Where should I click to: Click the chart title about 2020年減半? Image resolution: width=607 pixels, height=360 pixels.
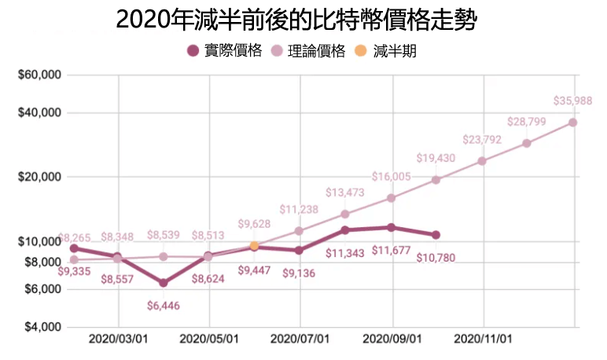click(x=296, y=20)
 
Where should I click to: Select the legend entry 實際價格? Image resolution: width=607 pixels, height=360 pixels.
click(x=224, y=52)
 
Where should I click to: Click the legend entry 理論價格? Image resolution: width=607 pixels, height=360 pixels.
click(x=307, y=52)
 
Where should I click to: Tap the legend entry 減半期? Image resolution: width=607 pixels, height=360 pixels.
click(x=384, y=52)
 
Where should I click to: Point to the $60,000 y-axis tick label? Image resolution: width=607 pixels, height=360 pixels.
click(x=40, y=75)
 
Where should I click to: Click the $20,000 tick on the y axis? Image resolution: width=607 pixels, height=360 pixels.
click(x=40, y=177)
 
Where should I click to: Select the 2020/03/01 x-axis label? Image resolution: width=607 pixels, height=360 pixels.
click(x=118, y=340)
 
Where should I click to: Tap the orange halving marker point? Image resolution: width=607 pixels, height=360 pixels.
click(x=254, y=246)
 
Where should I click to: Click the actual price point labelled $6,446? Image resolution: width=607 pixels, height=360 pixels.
click(x=163, y=283)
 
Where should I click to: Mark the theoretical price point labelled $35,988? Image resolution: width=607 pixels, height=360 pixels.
click(x=573, y=122)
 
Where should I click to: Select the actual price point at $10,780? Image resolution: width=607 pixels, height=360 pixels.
click(x=436, y=235)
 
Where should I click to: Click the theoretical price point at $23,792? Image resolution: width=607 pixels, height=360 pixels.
click(x=482, y=161)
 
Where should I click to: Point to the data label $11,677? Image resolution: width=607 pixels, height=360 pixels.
click(x=392, y=251)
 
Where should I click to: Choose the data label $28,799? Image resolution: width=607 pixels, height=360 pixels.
click(x=527, y=122)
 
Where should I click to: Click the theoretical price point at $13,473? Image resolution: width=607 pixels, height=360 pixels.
click(x=344, y=215)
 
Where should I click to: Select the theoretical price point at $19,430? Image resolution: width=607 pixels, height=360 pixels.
click(x=436, y=180)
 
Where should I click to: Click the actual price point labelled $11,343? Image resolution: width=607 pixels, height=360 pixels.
click(x=344, y=230)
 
